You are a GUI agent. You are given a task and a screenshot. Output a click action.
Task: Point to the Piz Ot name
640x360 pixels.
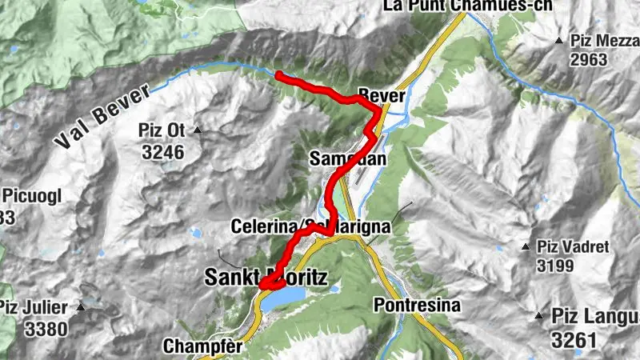pos(162,130)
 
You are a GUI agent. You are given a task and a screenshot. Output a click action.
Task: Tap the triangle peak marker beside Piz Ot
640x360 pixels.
pos(197,130)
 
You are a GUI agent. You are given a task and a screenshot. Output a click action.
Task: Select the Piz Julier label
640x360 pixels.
pos(35,307)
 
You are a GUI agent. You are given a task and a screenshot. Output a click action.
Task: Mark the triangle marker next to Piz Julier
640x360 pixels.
pos(81,307)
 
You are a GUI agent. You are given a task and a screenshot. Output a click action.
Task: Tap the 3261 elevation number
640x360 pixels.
pos(574,340)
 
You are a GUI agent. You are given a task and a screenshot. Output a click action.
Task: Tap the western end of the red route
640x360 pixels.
pos(277,75)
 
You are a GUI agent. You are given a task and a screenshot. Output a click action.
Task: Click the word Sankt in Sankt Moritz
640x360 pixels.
pos(232,278)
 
